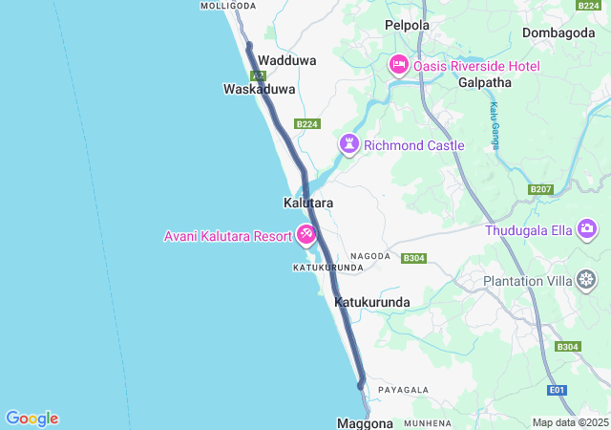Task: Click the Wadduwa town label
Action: tap(281, 59)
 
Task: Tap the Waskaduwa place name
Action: tap(259, 89)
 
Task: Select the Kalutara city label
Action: tap(307, 204)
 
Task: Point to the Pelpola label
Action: tap(407, 25)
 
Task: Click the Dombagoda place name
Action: tap(559, 32)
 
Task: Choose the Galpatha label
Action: tap(485, 83)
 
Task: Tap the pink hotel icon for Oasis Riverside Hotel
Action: tap(398, 66)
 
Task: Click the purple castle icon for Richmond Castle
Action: tap(350, 145)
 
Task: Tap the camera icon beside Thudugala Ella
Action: tap(587, 229)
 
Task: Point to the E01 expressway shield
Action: tap(558, 390)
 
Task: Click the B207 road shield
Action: tap(540, 190)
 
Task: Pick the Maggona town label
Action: tap(365, 422)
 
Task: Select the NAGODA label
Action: tap(370, 256)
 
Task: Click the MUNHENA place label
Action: tap(427, 422)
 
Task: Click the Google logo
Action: tap(32, 419)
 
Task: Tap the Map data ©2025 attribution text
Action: tap(569, 422)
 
